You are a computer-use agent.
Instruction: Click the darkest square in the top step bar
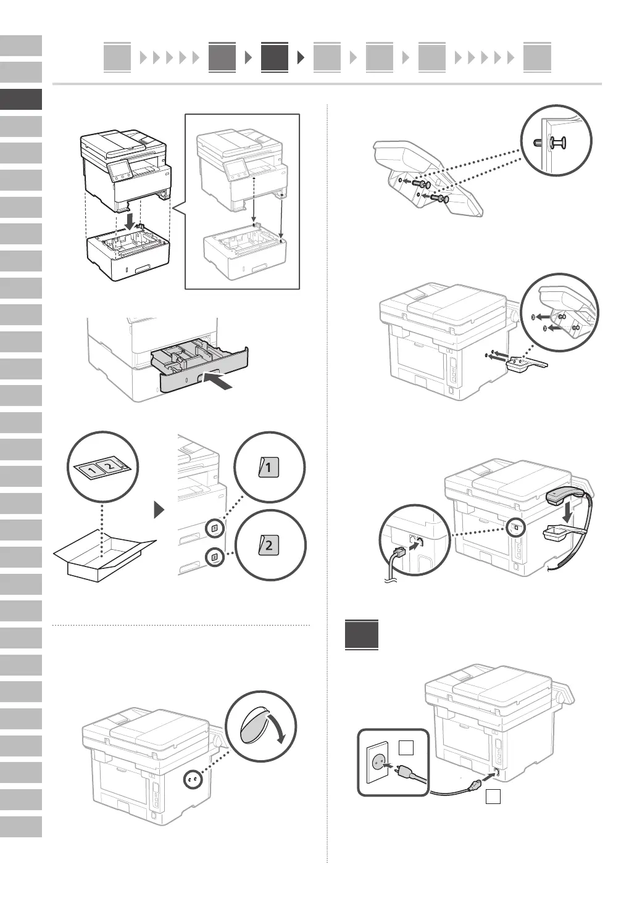point(275,57)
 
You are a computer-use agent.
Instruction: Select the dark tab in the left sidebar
point(21,99)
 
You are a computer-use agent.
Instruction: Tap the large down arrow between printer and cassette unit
point(129,220)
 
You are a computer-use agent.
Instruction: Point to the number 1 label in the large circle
point(269,468)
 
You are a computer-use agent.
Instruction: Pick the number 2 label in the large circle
point(269,545)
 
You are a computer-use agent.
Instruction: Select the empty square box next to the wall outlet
point(406,748)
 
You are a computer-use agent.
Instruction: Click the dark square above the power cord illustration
point(362,634)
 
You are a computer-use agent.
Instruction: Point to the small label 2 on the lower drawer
point(214,557)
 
